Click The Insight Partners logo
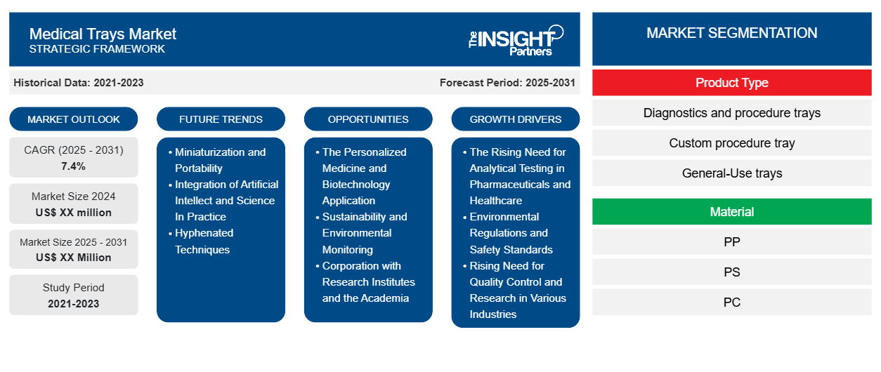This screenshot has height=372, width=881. click(x=516, y=40)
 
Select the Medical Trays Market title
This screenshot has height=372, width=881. click(x=103, y=34)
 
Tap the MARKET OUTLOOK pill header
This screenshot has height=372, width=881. click(x=74, y=119)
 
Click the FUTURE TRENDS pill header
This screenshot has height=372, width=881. click(x=221, y=119)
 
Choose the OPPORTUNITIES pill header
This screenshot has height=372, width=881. click(x=368, y=119)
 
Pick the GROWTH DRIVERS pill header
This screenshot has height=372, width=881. click(x=515, y=119)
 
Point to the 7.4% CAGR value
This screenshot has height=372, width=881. click(x=73, y=166)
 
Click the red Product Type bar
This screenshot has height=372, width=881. click(x=732, y=83)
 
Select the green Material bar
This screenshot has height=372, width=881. click(x=732, y=212)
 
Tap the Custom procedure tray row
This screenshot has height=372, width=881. click(x=732, y=143)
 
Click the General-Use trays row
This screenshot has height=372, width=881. click(x=732, y=173)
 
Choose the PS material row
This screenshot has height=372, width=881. click(x=732, y=272)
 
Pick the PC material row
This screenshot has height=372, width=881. click(x=732, y=302)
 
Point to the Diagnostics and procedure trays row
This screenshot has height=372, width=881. click(x=732, y=113)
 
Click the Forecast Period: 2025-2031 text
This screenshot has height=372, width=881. click(x=507, y=83)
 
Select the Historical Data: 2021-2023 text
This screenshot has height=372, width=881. click(x=79, y=83)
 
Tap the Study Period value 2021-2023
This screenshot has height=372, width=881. click(x=74, y=304)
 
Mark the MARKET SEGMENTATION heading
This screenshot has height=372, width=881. click(x=732, y=33)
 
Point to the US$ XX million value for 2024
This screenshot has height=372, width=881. click(x=74, y=213)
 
